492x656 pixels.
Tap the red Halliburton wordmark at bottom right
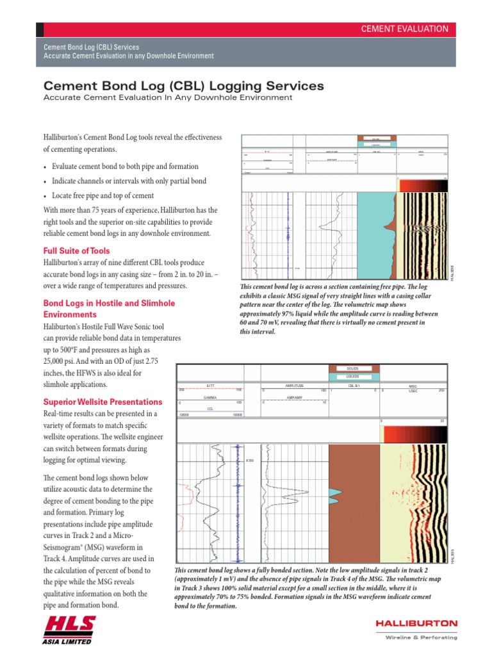[x=416, y=623]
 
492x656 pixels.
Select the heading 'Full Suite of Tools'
[x=76, y=250]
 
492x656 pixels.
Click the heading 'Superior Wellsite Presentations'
[x=102, y=402]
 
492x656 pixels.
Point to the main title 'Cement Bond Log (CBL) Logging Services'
[x=183, y=86]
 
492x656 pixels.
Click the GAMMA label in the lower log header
[x=210, y=397]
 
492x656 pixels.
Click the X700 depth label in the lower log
[x=249, y=460]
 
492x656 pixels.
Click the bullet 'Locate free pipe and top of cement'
[x=102, y=195]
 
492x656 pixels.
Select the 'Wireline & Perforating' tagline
[x=421, y=637]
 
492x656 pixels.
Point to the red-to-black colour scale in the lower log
[x=413, y=435]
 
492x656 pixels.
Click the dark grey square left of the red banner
[x=40, y=29]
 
